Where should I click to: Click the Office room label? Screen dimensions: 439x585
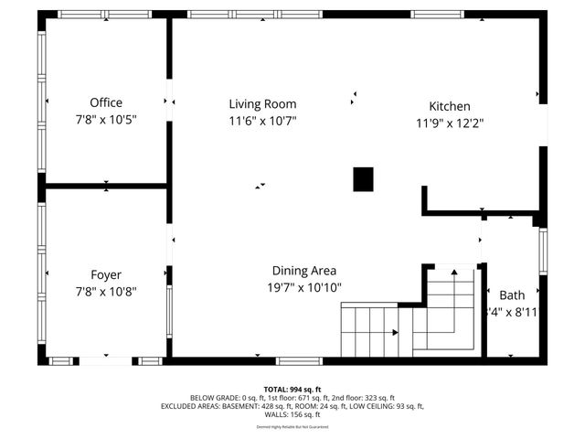coord(106,103)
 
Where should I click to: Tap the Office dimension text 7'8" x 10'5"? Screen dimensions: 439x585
coord(106,120)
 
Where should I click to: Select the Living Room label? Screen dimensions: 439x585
coord(262,104)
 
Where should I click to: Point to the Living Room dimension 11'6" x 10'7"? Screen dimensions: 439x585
coord(262,121)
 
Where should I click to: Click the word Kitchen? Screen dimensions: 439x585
coord(450,106)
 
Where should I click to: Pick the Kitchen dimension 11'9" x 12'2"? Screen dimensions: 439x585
coord(450,123)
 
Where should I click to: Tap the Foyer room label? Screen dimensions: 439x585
coord(106,274)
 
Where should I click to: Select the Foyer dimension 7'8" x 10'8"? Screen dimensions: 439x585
coord(106,291)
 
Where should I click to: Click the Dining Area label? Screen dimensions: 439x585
coord(304,271)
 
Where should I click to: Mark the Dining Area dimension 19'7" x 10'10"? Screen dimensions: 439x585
coord(304,287)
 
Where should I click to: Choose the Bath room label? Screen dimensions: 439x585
coord(512,295)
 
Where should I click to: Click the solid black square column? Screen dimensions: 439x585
coord(363,179)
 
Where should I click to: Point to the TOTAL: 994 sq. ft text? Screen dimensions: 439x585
coord(292,390)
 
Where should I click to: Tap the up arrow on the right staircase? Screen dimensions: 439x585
coord(453,272)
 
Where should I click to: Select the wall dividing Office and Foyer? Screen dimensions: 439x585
coord(106,186)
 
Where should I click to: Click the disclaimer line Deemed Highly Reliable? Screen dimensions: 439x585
coord(292,427)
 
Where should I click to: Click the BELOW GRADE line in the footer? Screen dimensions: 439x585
coord(292,398)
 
